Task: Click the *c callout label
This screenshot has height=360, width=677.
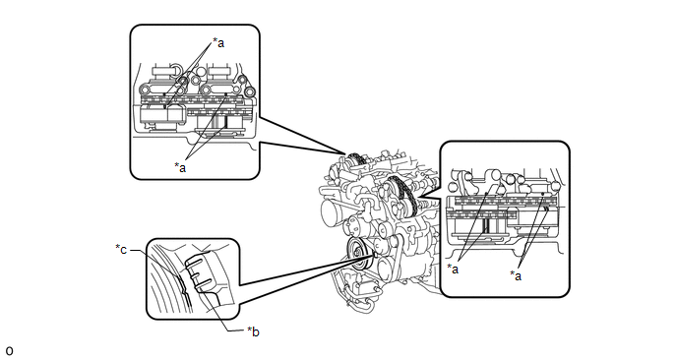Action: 121,250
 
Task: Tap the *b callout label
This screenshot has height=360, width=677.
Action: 253,331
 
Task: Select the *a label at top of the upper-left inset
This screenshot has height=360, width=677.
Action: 218,42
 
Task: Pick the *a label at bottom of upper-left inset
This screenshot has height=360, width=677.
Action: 180,167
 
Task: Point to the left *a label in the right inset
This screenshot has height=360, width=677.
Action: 453,269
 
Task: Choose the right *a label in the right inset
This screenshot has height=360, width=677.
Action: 516,275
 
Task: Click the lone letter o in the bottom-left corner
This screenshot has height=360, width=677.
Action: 9,351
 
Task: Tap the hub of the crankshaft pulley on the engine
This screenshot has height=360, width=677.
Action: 357,252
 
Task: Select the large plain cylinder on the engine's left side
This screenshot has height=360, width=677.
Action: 333,212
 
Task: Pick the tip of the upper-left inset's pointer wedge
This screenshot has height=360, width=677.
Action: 345,154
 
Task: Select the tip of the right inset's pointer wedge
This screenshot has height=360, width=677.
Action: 418,200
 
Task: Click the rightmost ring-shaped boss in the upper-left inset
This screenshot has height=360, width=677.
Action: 249,92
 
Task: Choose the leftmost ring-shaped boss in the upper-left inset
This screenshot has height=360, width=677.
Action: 145,90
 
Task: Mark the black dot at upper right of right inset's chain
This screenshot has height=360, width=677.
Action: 542,194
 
